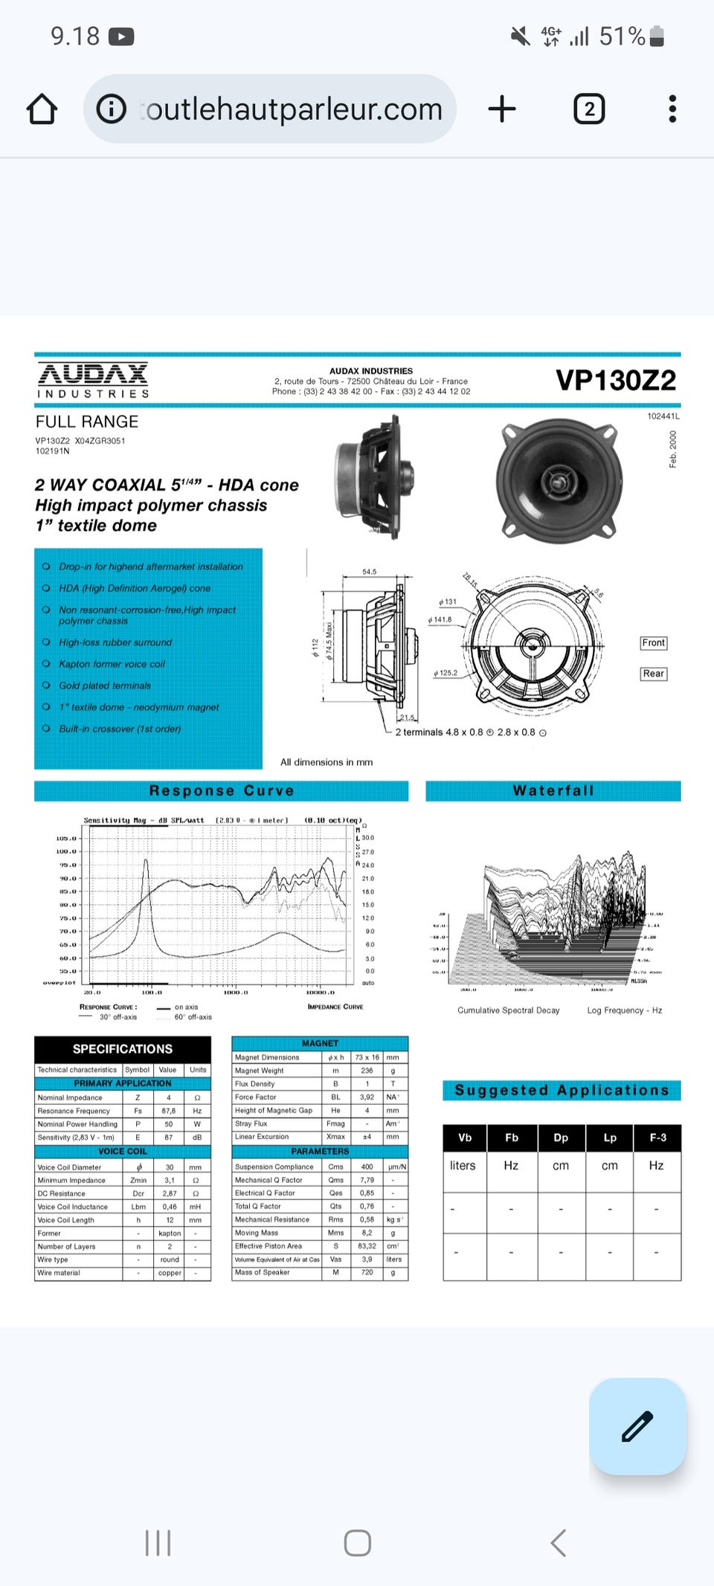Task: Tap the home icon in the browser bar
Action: pyautogui.click(x=42, y=109)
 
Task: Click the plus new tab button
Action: pyautogui.click(x=502, y=109)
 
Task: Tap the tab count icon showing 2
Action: pyautogui.click(x=589, y=109)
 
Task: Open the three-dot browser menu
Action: pyautogui.click(x=672, y=109)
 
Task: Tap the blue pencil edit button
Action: pyautogui.click(x=637, y=1426)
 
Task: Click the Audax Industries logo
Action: pyautogui.click(x=93, y=380)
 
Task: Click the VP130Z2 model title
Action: pyautogui.click(x=616, y=381)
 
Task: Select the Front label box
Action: pyautogui.click(x=653, y=643)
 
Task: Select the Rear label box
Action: pyautogui.click(x=653, y=674)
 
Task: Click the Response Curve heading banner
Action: pyautogui.click(x=221, y=791)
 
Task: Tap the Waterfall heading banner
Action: pyautogui.click(x=553, y=791)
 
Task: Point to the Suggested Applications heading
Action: pyautogui.click(x=562, y=1091)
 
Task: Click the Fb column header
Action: pyautogui.click(x=512, y=1138)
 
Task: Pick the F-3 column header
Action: pyautogui.click(x=657, y=1138)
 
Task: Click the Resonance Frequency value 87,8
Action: pyautogui.click(x=169, y=1111)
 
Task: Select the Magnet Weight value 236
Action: pyautogui.click(x=367, y=1071)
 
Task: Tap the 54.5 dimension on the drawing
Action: pyautogui.click(x=370, y=572)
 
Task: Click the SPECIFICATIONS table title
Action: pyautogui.click(x=123, y=1049)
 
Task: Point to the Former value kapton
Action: pyautogui.click(x=170, y=1234)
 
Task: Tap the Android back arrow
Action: pyautogui.click(x=559, y=1543)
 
